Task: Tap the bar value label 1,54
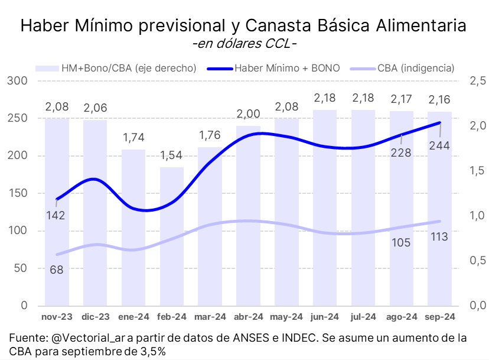[x=172, y=157]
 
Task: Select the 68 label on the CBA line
[x=57, y=270]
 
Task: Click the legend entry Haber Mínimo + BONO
[x=287, y=68]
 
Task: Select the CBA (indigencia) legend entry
[x=415, y=68]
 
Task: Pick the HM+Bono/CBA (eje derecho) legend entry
[x=129, y=68]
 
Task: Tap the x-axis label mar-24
[x=210, y=317]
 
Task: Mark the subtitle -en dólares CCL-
[x=244, y=44]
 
